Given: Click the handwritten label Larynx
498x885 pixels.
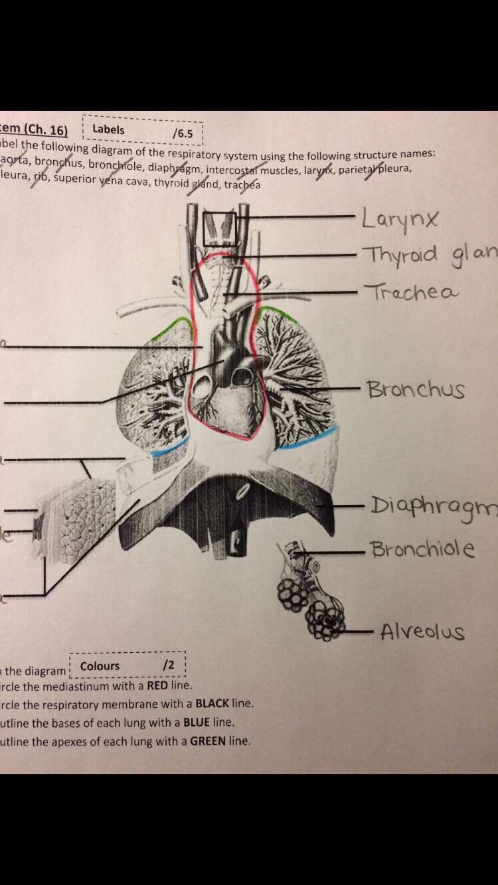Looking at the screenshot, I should pos(400,218).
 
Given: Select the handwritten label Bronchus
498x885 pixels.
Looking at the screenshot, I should pos(416,389).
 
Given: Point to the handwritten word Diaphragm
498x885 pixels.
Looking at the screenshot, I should pos(432,508).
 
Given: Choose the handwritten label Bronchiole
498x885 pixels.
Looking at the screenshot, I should pos(422,549).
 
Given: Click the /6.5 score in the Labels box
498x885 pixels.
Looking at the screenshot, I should pos(182,133).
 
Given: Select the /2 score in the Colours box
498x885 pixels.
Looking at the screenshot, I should pos(168,664).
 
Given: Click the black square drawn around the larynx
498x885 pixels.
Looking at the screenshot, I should pos(219,229).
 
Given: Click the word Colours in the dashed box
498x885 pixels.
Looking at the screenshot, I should pos(100,665).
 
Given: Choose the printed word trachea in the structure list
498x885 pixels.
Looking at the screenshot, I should pos(242,184).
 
